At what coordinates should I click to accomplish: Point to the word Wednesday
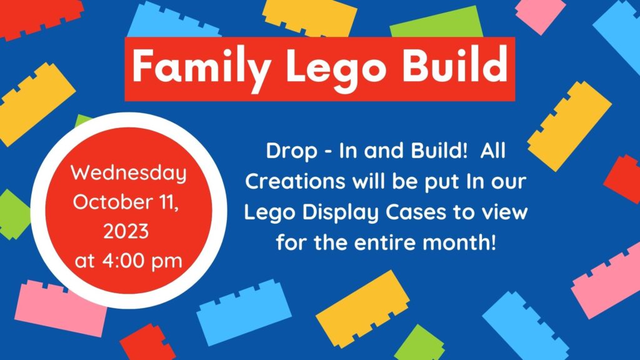[x=129, y=173]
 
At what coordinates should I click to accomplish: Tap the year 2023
[x=126, y=231]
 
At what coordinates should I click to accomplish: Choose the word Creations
[x=295, y=181]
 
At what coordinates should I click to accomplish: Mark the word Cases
[x=416, y=212]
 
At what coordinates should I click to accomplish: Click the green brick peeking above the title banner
[x=436, y=22]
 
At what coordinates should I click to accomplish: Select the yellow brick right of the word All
[x=569, y=126]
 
